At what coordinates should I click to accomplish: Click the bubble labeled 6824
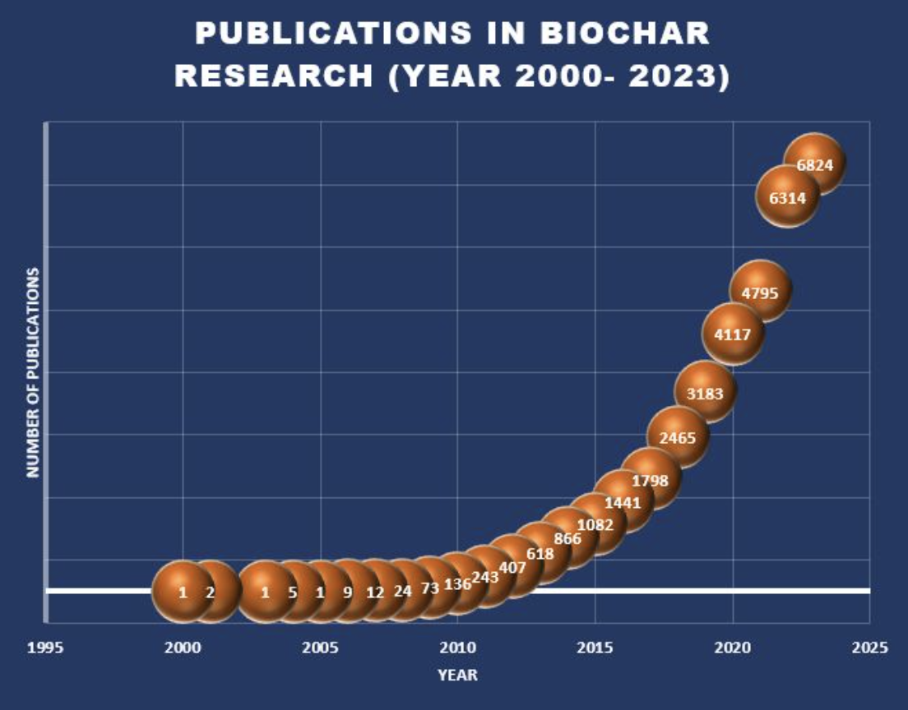814,164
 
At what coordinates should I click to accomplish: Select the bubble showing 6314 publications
787,197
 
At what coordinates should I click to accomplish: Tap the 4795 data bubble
760,291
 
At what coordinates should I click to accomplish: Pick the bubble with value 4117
733,334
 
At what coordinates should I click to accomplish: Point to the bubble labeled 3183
705,393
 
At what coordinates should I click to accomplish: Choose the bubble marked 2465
678,437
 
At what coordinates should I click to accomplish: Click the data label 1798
650,480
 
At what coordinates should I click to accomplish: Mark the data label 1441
622,502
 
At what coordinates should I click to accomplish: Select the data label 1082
595,524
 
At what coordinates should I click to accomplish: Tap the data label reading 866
567,539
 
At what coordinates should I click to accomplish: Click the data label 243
485,577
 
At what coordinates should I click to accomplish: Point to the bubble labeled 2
210,592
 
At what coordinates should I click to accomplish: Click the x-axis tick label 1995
45,648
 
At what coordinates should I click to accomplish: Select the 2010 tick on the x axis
457,648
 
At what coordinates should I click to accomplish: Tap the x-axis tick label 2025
870,648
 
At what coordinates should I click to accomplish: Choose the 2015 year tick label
595,648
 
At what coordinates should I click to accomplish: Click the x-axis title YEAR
457,675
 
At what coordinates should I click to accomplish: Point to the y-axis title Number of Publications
33,371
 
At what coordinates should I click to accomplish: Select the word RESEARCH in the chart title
275,76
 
